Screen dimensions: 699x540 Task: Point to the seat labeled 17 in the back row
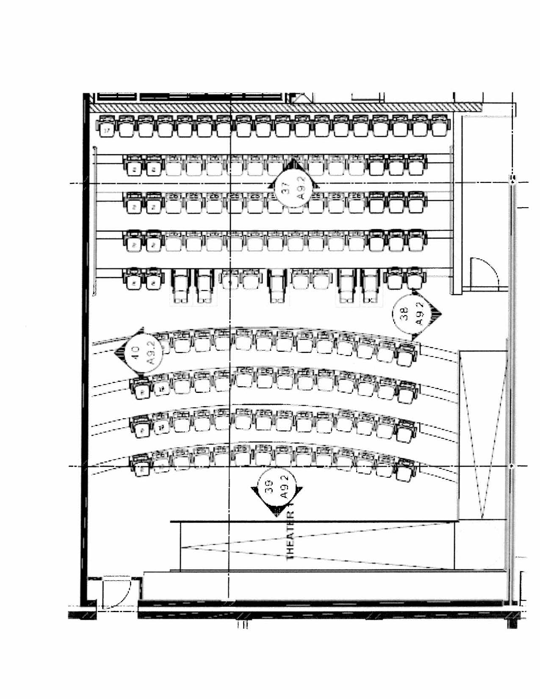click(x=106, y=128)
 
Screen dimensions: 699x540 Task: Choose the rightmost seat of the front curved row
click(x=405, y=472)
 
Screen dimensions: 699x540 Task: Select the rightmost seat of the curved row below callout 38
click(x=407, y=355)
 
